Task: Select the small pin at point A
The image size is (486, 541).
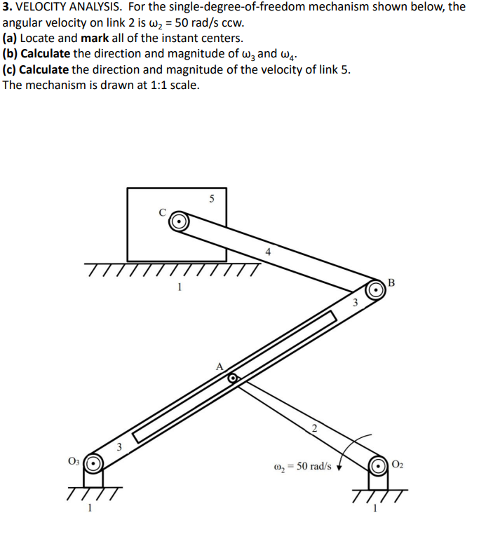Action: (233, 378)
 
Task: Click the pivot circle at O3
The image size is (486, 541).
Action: (94, 464)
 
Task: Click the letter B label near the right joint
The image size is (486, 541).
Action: (391, 283)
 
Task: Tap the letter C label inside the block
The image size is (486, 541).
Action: (163, 212)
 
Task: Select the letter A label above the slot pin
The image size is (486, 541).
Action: (220, 365)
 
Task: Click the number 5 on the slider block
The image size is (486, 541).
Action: (211, 198)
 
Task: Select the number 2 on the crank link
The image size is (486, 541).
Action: (313, 428)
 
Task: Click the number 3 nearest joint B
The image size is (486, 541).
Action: (355, 303)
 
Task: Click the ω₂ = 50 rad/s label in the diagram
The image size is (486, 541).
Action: (302, 466)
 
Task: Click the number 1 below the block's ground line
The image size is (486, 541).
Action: (180, 286)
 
